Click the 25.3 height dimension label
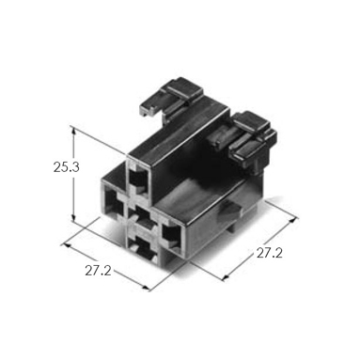[x=66, y=167]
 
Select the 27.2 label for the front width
[x=98, y=271]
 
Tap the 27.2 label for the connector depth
[x=270, y=253]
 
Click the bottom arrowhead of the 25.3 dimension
[x=73, y=218]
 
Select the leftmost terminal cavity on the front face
[x=113, y=204]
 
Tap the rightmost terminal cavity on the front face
[x=171, y=234]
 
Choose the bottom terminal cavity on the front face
[x=145, y=249]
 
